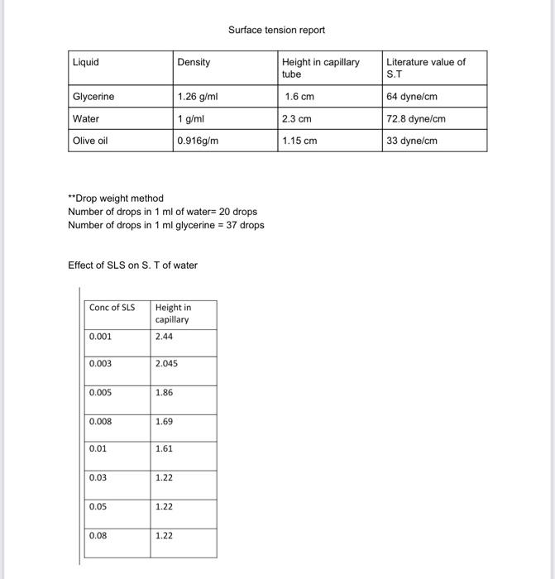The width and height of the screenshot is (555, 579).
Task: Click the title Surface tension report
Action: coord(276,30)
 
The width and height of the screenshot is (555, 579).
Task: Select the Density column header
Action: coord(194,63)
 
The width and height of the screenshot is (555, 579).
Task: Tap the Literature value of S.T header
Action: coord(426,68)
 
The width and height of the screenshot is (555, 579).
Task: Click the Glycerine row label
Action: coord(93,97)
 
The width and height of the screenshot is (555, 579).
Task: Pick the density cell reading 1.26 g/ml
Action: coord(198,97)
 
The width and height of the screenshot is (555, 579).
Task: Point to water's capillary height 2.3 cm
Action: coord(297,119)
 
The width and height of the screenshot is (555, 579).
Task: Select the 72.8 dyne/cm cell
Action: coord(416,119)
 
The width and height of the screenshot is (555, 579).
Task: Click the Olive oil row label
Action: coord(90,141)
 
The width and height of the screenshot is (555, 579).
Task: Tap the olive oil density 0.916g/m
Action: coord(199,141)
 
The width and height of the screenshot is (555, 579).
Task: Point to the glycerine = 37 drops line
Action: coord(165,225)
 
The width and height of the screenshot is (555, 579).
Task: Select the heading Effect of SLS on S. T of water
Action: coord(132,266)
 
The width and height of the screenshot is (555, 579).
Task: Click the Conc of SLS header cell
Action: coord(112,308)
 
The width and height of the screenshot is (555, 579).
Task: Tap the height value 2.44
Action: coord(164,337)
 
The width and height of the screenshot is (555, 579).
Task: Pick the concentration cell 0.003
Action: coord(100,364)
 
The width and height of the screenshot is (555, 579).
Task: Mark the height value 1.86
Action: coord(164,393)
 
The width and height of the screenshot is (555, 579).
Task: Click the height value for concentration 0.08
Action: coord(164,536)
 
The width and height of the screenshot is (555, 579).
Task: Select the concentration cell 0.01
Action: coord(98,449)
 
